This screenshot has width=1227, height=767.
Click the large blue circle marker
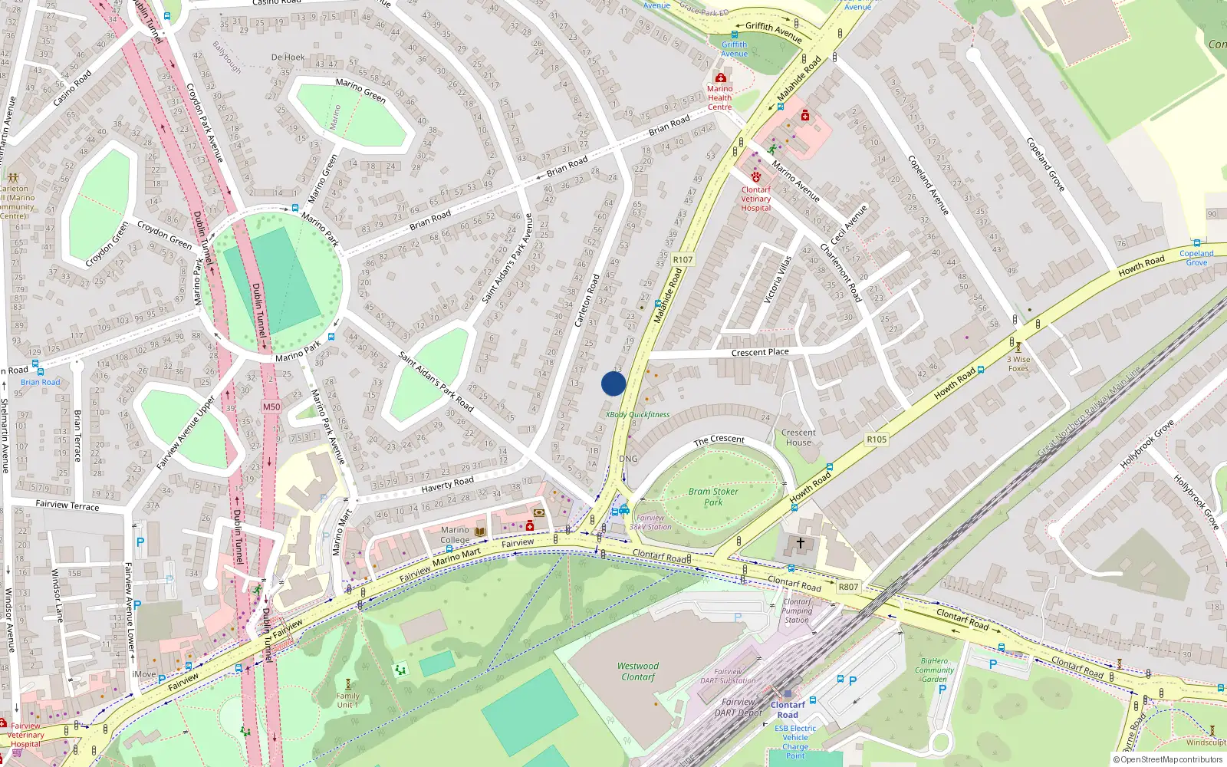coord(613,383)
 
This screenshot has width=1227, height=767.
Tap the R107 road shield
coord(683,260)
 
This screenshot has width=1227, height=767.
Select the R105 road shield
coord(877,439)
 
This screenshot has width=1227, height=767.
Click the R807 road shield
coord(848,587)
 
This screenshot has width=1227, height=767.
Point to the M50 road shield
coord(271,407)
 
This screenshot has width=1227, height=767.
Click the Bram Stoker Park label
coord(713,497)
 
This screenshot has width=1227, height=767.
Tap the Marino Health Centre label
coord(719,97)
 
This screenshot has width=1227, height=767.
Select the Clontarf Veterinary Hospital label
coord(756,199)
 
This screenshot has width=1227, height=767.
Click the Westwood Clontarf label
coord(638,671)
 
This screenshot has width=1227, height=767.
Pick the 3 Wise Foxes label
coord(1018,364)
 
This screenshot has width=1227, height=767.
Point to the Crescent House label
coord(798,437)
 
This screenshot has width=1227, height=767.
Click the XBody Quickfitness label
coord(638,415)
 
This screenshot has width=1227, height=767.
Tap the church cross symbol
coord(801,543)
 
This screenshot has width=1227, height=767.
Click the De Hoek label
coord(288,58)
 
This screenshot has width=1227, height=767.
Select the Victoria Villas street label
coord(778,279)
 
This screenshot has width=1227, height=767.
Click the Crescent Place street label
coord(760,353)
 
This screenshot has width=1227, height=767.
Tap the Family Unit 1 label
coord(347,700)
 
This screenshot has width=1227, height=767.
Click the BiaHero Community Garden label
coord(935,670)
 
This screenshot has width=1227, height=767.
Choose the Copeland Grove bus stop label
coord(1196,258)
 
